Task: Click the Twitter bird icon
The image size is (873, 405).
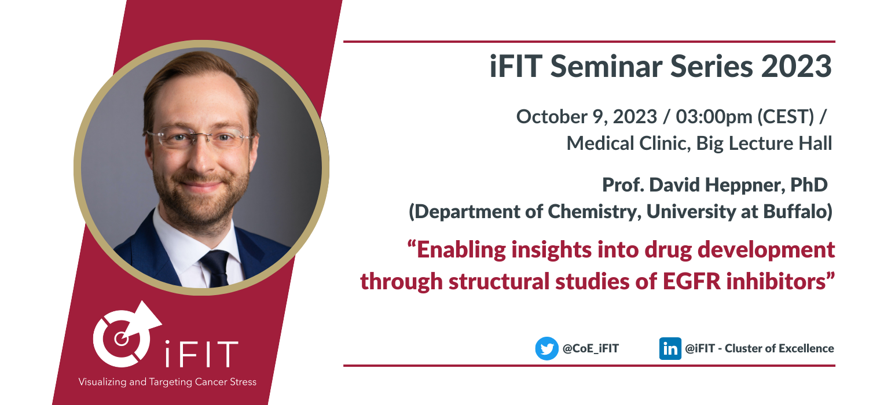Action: (546, 348)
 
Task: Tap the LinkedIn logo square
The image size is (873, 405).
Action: (670, 348)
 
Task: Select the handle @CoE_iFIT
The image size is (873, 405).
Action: (590, 348)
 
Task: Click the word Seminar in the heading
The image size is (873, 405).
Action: (606, 66)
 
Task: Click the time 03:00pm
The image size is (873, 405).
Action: (714, 116)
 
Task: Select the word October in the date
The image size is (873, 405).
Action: (551, 116)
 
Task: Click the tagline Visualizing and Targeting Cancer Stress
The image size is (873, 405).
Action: (167, 382)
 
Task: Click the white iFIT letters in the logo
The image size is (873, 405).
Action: (201, 354)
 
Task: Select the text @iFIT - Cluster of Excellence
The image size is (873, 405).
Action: (759, 348)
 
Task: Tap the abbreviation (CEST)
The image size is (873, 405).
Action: (786, 116)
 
